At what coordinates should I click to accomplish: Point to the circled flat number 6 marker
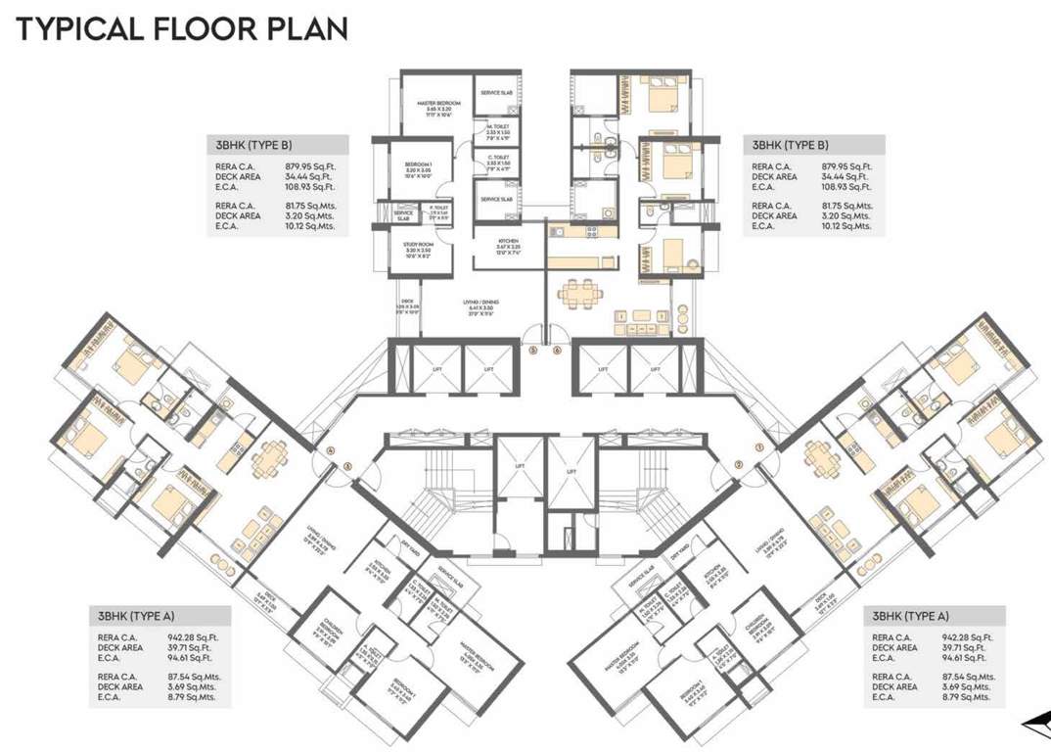557,349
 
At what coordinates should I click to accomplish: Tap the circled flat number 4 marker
331,451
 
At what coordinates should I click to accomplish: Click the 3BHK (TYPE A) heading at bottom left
136,616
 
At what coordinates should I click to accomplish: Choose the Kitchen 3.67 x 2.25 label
507,245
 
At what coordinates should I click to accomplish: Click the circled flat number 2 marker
738,465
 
